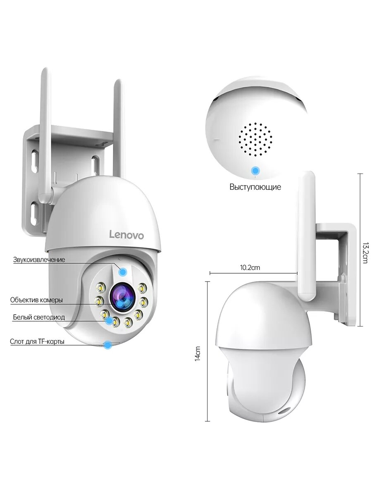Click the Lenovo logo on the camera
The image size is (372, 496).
coord(126,235)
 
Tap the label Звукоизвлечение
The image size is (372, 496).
coord(39,260)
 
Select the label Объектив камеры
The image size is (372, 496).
coord(37,300)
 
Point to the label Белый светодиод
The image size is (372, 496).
coord(39,317)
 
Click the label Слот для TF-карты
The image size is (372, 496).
coord(37,341)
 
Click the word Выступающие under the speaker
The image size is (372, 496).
coord(255,187)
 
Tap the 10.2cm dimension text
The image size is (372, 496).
coord(250,267)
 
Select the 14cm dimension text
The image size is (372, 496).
coord(198,353)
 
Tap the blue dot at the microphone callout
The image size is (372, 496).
coord(123,272)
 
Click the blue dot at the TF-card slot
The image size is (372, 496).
coord(108,344)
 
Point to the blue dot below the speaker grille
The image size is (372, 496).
coord(256,170)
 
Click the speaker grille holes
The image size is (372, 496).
coord(255,139)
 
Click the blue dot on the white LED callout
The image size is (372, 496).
coord(109,320)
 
